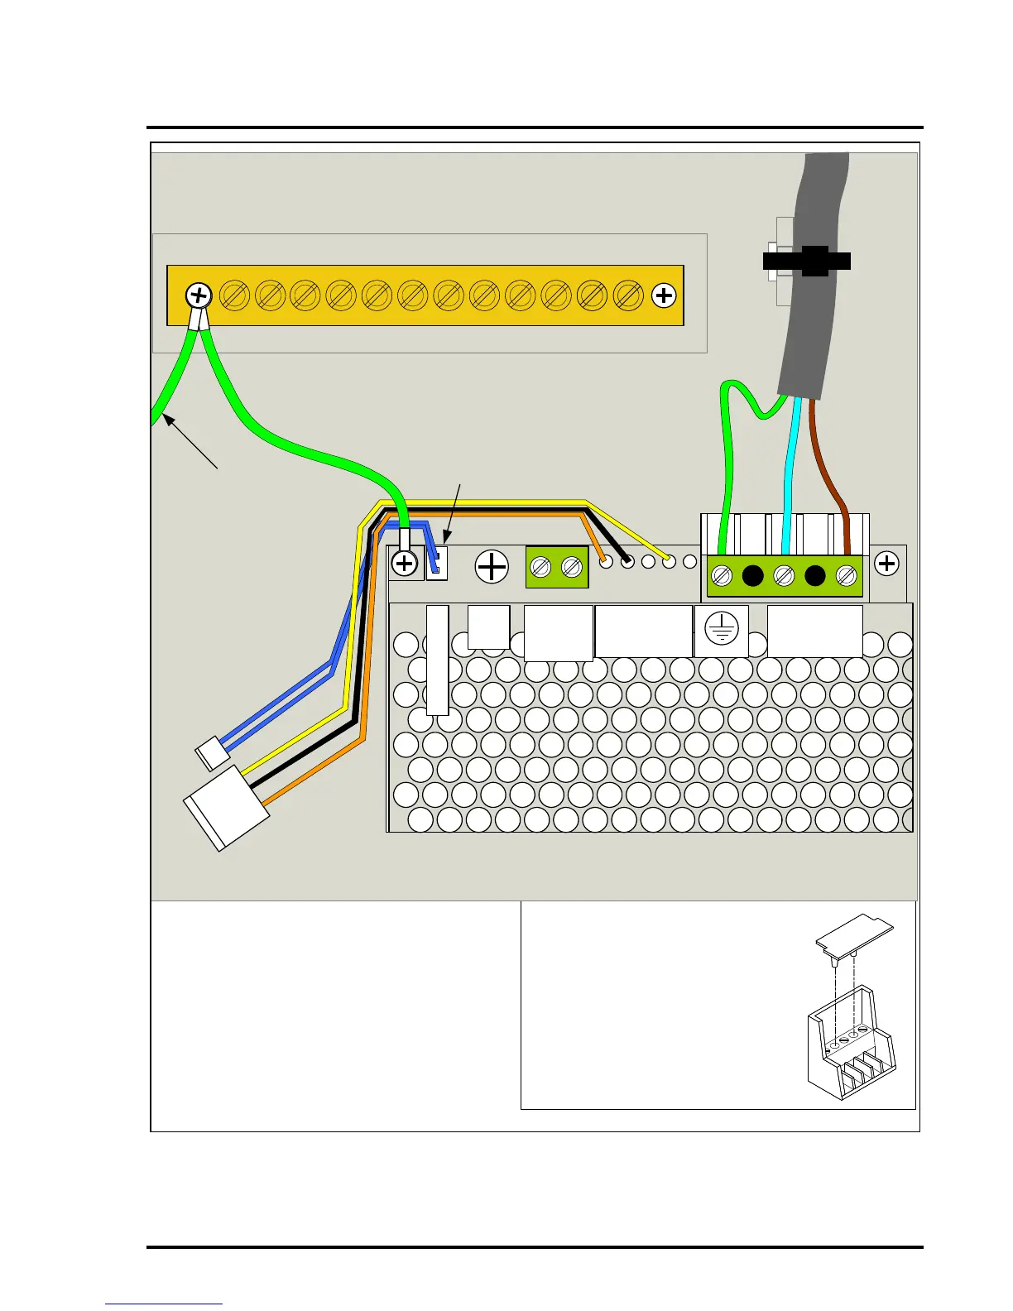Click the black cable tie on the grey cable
click(807, 261)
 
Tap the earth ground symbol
click(722, 630)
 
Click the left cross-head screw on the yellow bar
click(199, 295)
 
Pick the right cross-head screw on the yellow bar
click(664, 295)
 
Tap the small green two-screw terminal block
click(557, 568)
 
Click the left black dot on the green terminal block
click(752, 574)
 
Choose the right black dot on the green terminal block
click(815, 574)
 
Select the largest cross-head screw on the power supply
click(492, 567)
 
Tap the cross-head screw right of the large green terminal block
click(886, 564)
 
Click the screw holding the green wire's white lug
click(404, 564)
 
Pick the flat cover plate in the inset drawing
click(855, 933)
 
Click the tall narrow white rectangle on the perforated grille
click(438, 660)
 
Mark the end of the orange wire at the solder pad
click(605, 562)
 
